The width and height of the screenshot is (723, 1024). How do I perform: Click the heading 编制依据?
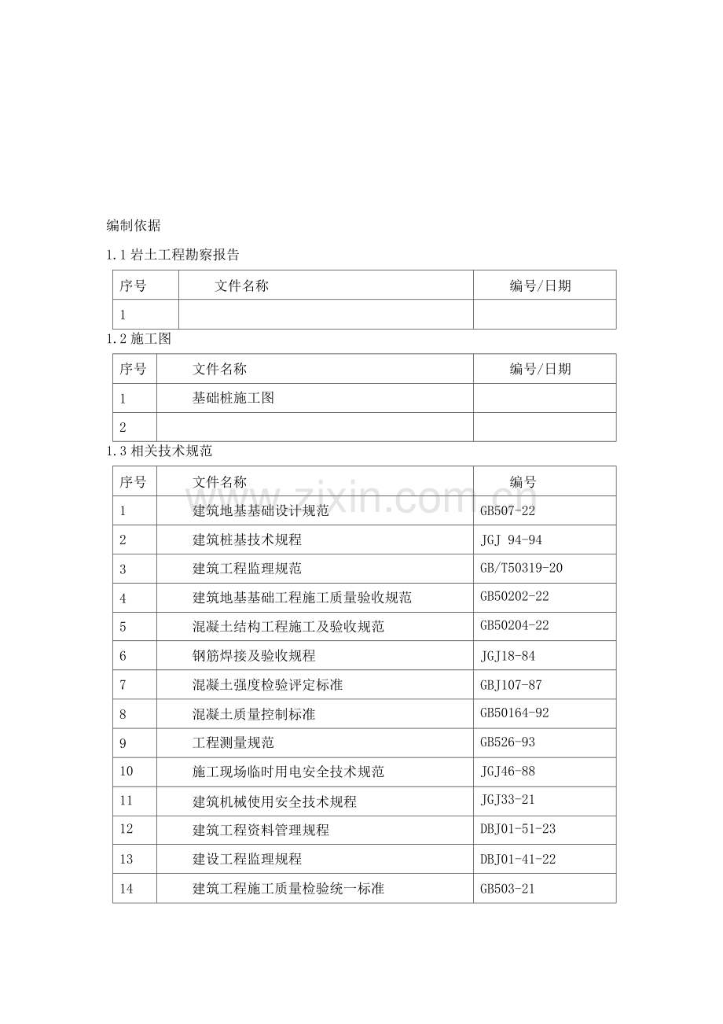pos(134,226)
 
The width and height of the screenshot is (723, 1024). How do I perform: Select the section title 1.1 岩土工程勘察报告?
pos(173,255)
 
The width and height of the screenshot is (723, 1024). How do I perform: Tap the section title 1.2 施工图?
pos(139,340)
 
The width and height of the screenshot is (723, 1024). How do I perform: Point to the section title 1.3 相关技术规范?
pos(159,451)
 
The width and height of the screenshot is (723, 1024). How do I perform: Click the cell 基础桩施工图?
pos(233,398)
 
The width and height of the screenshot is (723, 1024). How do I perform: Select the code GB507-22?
pos(508,510)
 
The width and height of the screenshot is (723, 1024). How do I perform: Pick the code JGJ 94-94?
pos(511,540)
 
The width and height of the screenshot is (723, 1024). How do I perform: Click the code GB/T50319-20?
pos(521,568)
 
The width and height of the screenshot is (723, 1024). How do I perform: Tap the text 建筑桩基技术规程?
pos(247,540)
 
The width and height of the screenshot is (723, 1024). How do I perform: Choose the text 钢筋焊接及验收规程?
pos(254,655)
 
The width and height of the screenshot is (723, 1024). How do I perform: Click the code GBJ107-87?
pos(510,685)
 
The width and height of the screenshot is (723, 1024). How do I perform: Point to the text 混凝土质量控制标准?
pos(254,714)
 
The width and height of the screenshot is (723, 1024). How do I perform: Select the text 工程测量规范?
pos(233,742)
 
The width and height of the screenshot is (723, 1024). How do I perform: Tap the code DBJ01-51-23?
pos(518,829)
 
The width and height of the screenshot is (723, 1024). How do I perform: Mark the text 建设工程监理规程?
pos(247,859)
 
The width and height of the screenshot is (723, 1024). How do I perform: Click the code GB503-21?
pos(508,889)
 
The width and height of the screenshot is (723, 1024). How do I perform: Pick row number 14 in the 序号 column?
pos(127,889)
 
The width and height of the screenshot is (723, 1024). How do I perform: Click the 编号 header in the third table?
pos(523,482)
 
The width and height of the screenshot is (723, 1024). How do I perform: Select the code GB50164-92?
pos(515,714)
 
